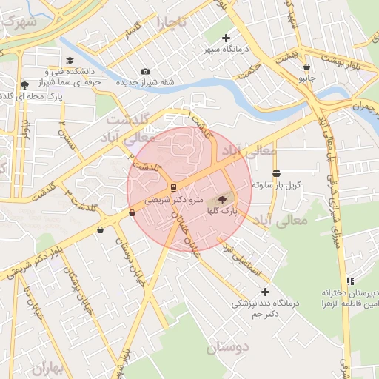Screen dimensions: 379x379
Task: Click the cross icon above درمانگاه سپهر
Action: [226, 38]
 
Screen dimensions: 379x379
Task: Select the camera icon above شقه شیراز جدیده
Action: [145, 71]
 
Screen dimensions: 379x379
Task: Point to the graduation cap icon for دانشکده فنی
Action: [70, 61]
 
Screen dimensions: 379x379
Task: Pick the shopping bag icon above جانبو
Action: [306, 67]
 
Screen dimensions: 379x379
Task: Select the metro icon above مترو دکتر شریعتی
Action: [172, 187]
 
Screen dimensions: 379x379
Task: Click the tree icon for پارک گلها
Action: [223, 200]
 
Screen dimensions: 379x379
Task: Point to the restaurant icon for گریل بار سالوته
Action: [276, 174]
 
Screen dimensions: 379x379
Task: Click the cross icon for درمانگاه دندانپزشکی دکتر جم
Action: [265, 292]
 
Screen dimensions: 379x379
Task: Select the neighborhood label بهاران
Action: [50, 368]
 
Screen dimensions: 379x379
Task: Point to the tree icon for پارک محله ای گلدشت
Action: [25, 85]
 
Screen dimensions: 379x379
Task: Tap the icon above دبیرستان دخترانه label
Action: [350, 281]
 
